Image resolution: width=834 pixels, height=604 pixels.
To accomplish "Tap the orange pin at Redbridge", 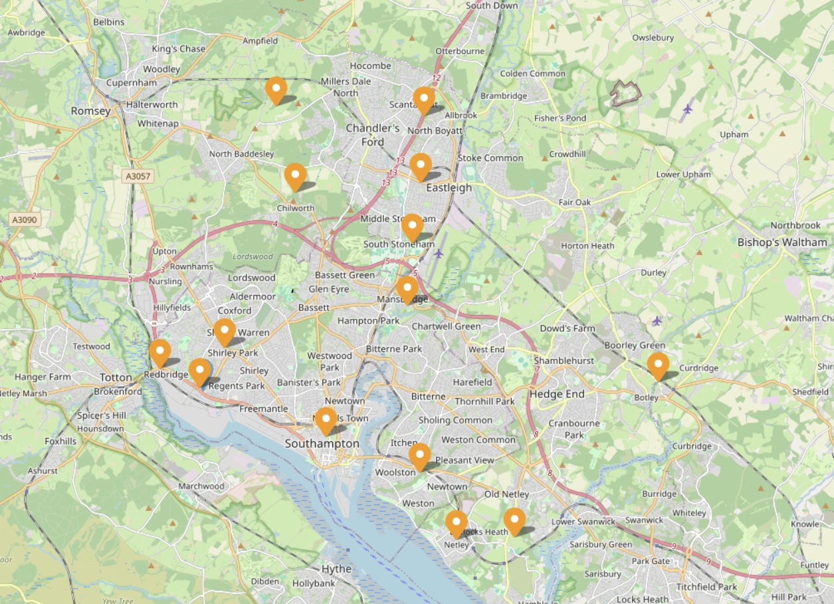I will (x=159, y=352).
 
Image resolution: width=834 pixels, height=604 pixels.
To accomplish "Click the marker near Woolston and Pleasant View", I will (x=419, y=456).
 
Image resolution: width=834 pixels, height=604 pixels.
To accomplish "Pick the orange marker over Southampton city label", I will (x=326, y=421).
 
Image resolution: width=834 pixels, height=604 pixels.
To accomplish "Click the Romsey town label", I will (x=90, y=111).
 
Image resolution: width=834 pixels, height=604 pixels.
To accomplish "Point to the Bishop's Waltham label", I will (x=782, y=243).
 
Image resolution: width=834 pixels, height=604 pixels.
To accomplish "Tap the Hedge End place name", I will (x=557, y=394).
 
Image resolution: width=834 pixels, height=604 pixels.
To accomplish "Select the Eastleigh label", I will (x=449, y=187).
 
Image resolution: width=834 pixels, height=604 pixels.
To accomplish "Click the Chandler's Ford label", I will (x=373, y=135).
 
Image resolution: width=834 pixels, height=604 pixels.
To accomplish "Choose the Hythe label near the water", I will (x=336, y=569).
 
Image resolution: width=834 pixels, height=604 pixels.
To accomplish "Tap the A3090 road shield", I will (x=25, y=219).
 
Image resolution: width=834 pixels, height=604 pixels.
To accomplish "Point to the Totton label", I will (x=116, y=377).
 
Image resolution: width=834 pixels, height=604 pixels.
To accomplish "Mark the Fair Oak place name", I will (x=574, y=202).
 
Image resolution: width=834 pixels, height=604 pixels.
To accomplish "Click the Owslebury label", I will (x=653, y=38).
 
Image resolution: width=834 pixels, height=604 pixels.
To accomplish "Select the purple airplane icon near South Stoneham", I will (x=438, y=253).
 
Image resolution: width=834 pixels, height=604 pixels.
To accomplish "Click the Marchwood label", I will (x=202, y=486).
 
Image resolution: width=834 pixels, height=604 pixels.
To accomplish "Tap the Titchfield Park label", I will (x=706, y=587).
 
